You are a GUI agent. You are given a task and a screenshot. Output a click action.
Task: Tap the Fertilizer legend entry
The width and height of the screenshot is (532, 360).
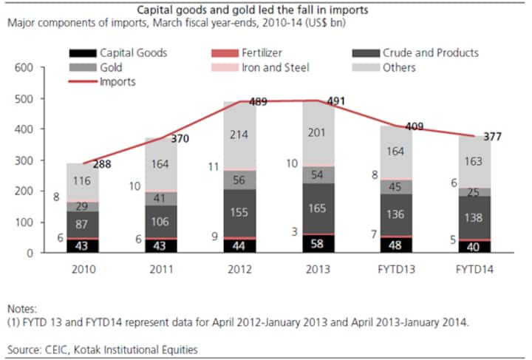259,53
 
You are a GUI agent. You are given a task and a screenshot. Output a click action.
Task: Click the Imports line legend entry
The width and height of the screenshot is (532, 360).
118,81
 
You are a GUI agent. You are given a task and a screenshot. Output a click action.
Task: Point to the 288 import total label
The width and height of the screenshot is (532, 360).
102,164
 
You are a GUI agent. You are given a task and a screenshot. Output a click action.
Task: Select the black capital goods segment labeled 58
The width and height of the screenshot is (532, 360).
316,243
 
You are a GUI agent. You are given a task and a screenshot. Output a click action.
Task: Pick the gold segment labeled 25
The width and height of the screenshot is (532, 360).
474,192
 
